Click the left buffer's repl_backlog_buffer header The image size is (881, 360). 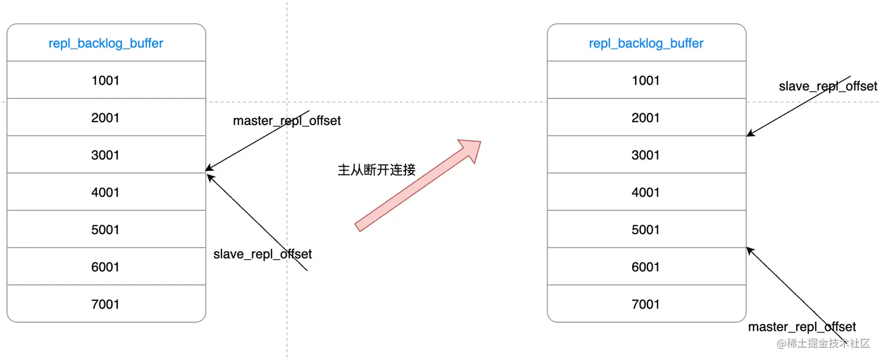coord(106,43)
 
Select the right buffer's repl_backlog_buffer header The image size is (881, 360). coord(646,43)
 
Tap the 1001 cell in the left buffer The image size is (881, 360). coord(105,80)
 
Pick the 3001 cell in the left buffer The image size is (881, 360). coord(105,155)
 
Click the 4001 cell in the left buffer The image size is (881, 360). coord(105,192)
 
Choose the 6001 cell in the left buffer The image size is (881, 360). coord(105,267)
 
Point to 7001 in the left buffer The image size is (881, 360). coord(105,304)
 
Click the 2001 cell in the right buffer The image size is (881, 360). coord(646,118)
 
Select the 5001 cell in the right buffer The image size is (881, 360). coord(646,230)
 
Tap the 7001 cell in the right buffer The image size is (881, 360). coord(646,304)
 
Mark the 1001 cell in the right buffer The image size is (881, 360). coord(646,80)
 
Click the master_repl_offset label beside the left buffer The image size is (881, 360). coord(287,121)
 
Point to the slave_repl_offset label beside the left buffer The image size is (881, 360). coord(262,254)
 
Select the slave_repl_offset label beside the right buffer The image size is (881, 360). coord(827,87)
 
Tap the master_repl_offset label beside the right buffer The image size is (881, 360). coord(802,327)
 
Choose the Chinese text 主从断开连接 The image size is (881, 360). coord(376,170)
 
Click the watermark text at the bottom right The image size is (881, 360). coord(823,344)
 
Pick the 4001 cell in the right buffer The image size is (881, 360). coord(646,192)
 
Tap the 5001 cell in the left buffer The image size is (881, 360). coord(105,230)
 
